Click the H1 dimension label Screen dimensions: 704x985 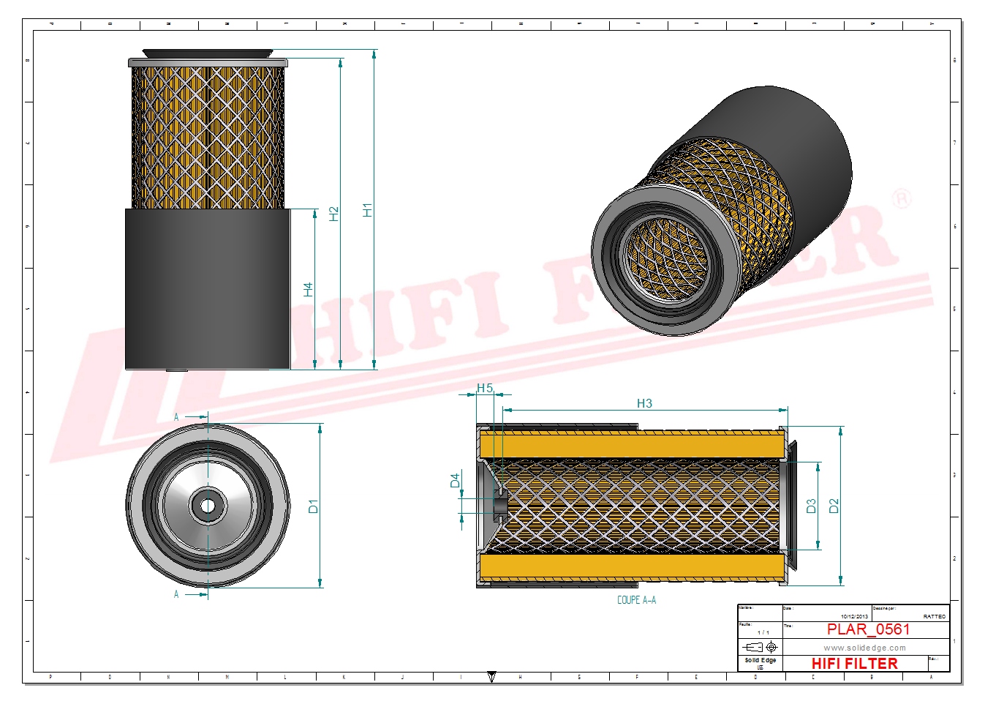tap(367, 210)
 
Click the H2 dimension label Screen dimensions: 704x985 tap(334, 214)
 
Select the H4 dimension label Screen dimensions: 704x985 tap(308, 290)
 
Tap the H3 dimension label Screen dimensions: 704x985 tap(644, 403)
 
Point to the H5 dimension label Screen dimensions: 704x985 tap(485, 389)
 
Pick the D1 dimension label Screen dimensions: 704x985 tap(313, 506)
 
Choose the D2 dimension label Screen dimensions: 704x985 tap(834, 506)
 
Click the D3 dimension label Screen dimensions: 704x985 tap(811, 506)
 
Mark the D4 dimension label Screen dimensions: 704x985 tap(455, 480)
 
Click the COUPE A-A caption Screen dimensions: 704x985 tap(636, 600)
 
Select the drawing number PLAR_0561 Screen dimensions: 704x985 tap(868, 629)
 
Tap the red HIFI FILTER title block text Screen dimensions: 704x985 tap(854, 664)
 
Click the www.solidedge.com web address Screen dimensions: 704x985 tap(864, 648)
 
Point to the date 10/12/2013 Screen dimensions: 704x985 tap(854, 617)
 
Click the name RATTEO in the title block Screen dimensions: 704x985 tap(934, 617)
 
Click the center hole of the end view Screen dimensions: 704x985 tap(208, 506)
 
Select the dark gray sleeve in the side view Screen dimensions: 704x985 tap(207, 289)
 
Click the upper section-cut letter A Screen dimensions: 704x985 tap(176, 417)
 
